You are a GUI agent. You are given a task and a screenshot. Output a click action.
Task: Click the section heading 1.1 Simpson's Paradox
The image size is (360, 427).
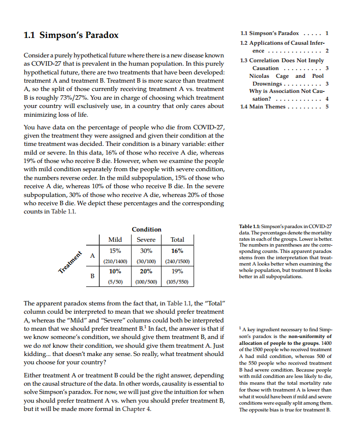[x=71, y=36]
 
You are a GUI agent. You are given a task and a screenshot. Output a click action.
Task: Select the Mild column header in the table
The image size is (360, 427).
[x=115, y=240]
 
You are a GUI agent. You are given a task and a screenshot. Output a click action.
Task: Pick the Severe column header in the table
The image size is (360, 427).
[x=146, y=240]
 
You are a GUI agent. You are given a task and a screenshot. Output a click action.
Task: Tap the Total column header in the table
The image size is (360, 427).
[x=177, y=240]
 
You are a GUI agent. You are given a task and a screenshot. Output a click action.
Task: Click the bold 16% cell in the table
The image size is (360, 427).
[x=177, y=251]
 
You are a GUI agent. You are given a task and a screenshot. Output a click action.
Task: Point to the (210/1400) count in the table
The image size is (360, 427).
[x=115, y=261]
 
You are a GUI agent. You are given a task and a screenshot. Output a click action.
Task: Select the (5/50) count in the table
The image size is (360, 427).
[x=115, y=282]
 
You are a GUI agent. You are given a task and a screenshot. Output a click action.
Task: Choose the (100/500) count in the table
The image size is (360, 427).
[x=146, y=282]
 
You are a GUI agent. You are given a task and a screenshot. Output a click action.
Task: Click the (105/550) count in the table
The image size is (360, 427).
[x=177, y=282]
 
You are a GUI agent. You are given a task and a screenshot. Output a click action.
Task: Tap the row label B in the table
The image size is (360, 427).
[x=92, y=277]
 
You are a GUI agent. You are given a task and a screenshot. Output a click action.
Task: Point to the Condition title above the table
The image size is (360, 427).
[x=146, y=229]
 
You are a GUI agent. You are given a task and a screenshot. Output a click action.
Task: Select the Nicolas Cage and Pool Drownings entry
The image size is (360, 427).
[x=286, y=80]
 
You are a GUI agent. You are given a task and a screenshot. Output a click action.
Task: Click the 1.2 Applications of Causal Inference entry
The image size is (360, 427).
[x=285, y=46]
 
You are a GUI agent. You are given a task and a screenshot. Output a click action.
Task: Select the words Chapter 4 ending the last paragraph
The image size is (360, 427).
[x=136, y=409]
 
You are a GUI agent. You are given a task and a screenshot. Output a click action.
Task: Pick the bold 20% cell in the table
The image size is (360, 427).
[x=146, y=272]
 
